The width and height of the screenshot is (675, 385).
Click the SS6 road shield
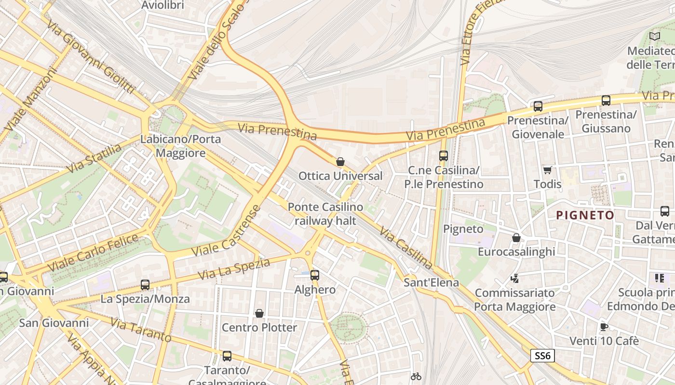click(542, 356)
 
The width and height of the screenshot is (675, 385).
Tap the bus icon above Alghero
click(315, 275)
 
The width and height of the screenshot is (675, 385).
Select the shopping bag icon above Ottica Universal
click(340, 162)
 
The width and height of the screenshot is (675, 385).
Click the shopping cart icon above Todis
click(547, 170)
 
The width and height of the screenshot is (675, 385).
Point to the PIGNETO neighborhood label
click(585, 215)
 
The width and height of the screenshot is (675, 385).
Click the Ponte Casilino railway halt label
click(325, 214)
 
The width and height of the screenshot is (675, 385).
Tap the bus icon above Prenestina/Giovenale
click(538, 106)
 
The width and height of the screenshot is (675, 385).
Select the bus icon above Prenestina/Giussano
click(606, 101)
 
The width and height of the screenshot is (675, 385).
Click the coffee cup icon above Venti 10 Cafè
click(604, 327)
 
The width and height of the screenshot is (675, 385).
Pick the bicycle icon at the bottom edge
click(416, 376)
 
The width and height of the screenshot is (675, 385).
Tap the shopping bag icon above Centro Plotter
click(259, 314)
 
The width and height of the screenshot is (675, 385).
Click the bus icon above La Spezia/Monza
click(145, 285)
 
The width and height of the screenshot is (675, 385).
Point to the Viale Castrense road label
click(226, 231)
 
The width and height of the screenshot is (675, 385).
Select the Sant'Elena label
click(432, 282)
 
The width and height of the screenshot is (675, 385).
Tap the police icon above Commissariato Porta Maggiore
click(515, 278)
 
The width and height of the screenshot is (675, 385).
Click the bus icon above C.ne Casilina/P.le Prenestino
click(444, 156)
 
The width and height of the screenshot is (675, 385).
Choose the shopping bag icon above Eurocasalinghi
click(516, 238)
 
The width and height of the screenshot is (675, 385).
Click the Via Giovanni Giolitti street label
click(91, 56)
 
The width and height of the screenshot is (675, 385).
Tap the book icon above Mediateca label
click(654, 36)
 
